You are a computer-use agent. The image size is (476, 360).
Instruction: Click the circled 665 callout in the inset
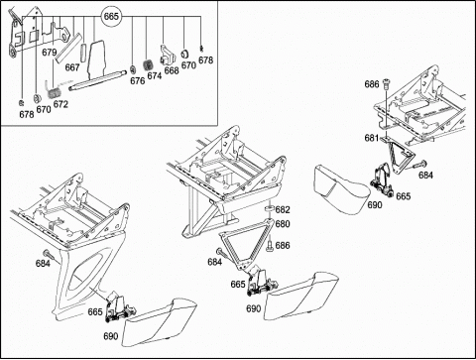(111, 16)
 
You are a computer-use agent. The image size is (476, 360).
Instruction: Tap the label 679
(50, 53)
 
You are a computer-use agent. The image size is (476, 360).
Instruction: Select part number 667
(72, 67)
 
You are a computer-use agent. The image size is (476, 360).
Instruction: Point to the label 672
(60, 104)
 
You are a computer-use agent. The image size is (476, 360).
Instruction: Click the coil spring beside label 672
(53, 89)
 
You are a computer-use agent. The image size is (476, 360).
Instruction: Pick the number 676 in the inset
(138, 81)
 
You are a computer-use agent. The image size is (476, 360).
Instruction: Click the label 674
(155, 76)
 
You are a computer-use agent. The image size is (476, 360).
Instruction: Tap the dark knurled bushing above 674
(147, 64)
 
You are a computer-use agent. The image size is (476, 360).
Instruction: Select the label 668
(172, 70)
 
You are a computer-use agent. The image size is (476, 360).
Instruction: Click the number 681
(372, 138)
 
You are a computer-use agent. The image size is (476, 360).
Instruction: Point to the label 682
(283, 210)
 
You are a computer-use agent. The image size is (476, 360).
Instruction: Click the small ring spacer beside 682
(270, 208)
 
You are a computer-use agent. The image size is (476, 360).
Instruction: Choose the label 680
(283, 224)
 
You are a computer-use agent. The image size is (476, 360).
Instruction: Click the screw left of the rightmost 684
(418, 165)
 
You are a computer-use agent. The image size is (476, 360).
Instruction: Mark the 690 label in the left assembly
(111, 336)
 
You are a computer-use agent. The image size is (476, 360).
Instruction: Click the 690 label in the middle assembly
(254, 308)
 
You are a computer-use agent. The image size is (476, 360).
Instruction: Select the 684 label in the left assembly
(43, 264)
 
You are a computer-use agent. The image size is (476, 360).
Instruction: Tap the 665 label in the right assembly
(404, 196)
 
